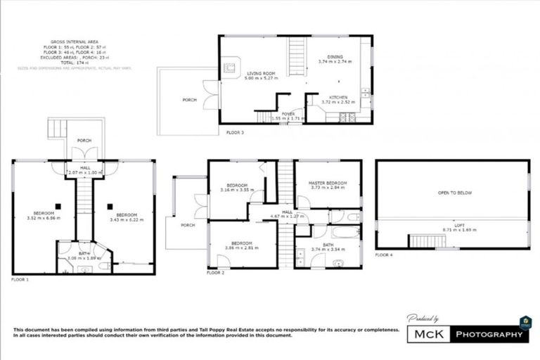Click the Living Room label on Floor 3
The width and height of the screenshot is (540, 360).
coord(259,72)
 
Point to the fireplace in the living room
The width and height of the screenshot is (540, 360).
coord(230,68)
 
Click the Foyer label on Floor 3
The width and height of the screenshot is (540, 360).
coord(288,114)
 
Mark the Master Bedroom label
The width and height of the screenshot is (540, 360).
coord(327,184)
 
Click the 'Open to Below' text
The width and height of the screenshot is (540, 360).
coord(452,191)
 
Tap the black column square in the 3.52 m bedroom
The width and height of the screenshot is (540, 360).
coord(59,206)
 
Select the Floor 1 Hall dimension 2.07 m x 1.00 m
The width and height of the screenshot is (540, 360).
coord(85,172)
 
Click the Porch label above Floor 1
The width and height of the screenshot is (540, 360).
coord(84,141)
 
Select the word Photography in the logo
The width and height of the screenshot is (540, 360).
coord(489,335)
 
